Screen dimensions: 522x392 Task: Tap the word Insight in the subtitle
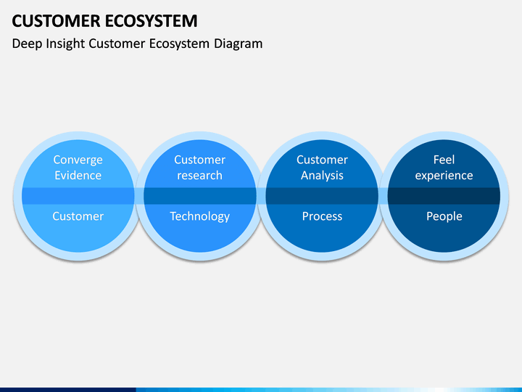coord(65,44)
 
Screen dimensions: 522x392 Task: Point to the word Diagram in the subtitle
coord(238,44)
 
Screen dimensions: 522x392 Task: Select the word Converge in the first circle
coord(78,160)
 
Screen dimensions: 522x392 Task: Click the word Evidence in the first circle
coord(78,176)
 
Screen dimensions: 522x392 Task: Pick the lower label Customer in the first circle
coord(78,216)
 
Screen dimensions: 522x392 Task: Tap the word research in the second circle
coord(200,176)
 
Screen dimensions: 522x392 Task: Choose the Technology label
coord(200,216)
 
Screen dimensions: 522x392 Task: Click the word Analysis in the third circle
coord(322,176)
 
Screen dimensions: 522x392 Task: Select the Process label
coord(322,216)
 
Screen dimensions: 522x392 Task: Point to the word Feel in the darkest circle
coord(444,160)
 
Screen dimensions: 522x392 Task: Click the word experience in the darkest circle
coord(444,176)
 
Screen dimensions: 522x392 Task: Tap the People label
coord(444,216)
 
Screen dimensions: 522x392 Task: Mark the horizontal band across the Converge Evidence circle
coord(78,196)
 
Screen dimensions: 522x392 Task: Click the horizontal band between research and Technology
coord(200,196)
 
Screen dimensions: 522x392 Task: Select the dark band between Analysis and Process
coord(322,196)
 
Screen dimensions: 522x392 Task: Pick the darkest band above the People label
coord(444,196)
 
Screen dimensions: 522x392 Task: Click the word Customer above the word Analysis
coord(322,160)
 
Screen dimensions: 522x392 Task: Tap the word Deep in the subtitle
coord(28,44)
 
